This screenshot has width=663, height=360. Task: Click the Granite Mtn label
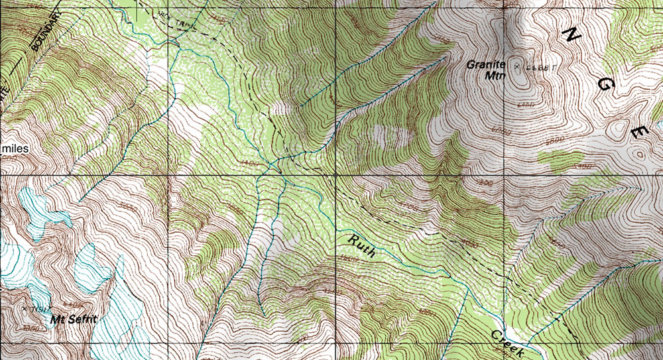487,70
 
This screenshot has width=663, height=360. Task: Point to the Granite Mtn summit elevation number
538,68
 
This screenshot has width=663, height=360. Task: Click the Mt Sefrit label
74,320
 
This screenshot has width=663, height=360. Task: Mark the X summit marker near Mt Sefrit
25,308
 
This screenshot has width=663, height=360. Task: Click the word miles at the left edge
14,149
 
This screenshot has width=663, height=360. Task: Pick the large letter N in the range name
572,34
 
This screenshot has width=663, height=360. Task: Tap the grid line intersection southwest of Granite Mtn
335,176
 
